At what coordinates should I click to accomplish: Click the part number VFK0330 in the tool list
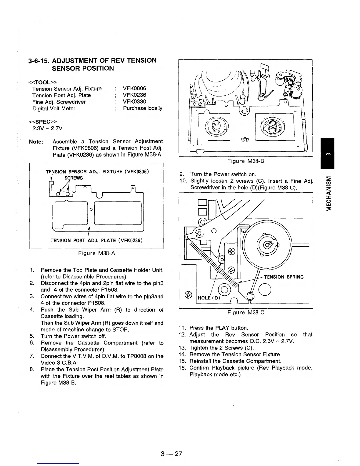click(134, 102)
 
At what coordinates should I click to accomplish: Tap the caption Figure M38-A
click(96, 253)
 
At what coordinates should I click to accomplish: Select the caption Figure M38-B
click(246, 161)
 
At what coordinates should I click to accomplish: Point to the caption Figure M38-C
click(246, 312)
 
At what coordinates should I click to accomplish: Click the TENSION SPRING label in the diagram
click(284, 277)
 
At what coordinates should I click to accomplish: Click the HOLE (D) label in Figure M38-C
click(209, 297)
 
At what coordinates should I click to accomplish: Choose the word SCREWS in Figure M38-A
click(74, 178)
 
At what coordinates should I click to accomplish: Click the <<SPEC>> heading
click(42, 122)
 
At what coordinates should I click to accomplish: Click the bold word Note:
click(36, 142)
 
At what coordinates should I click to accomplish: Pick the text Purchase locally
click(143, 108)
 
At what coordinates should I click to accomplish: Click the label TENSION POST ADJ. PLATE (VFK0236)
click(97, 241)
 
